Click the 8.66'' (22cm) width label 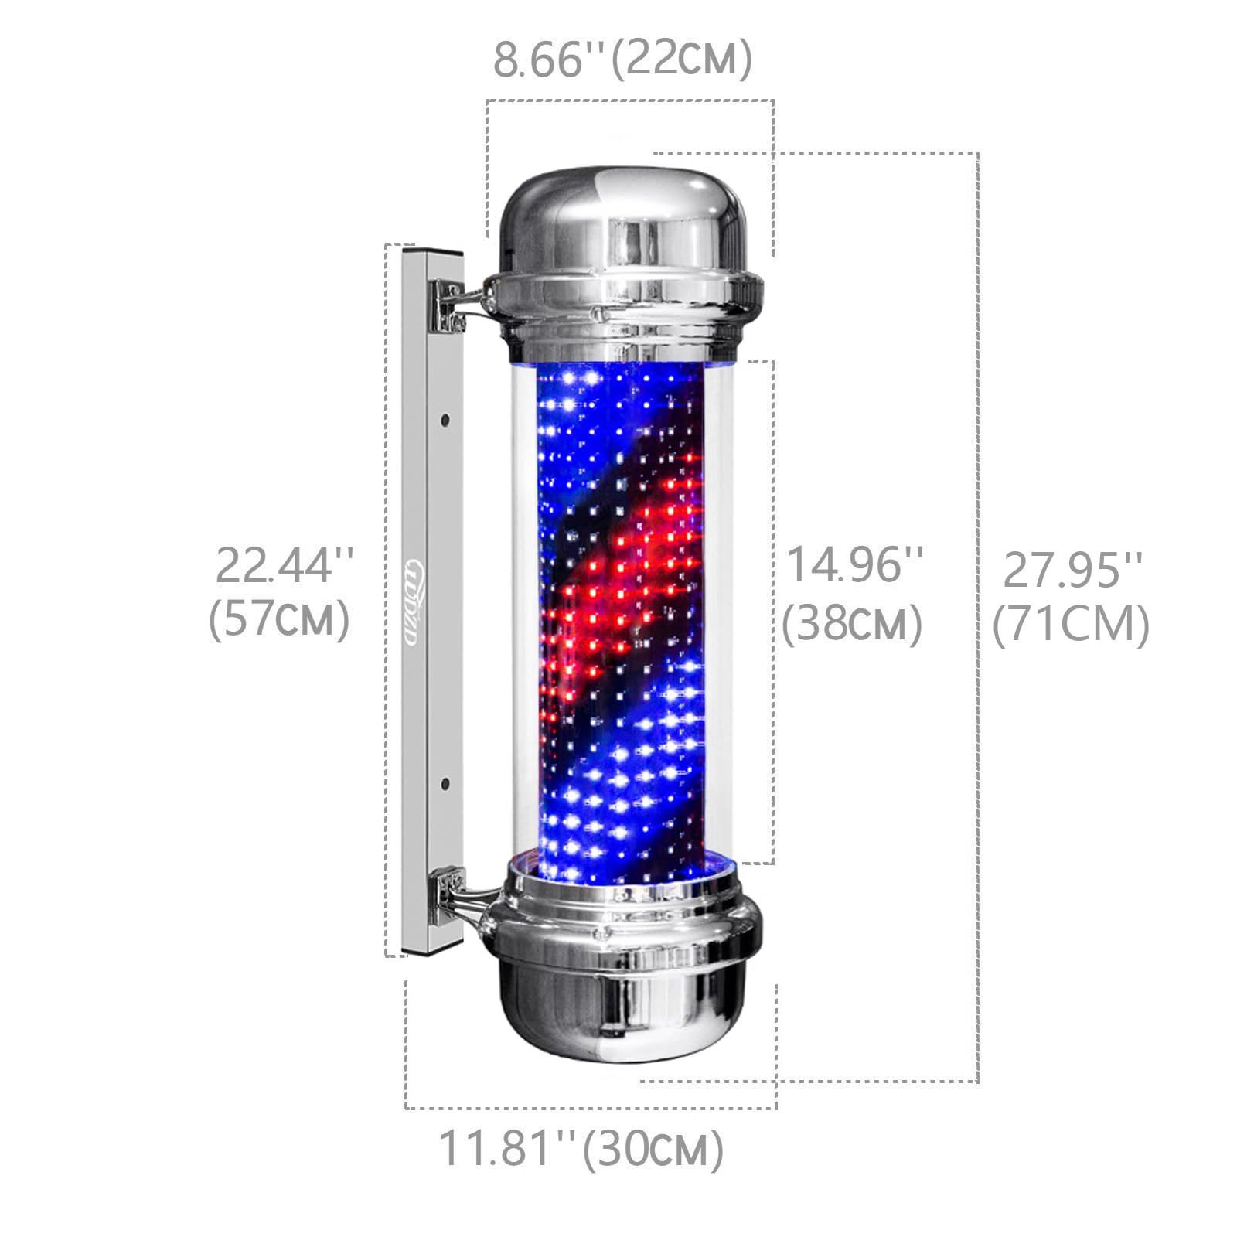[x=622, y=60]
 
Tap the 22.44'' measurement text [x=285, y=565]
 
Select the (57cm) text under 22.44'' [x=280, y=619]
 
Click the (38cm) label [x=852, y=623]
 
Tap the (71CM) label [x=1072, y=624]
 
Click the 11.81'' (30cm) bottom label [x=581, y=1147]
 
